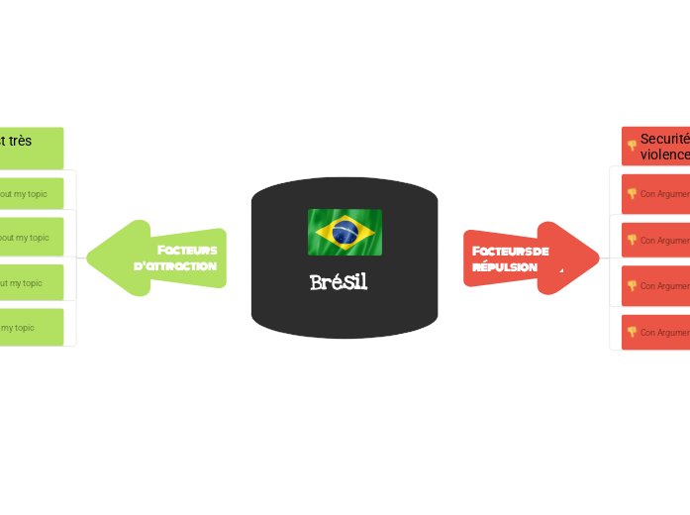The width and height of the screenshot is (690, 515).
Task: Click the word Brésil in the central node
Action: (x=339, y=282)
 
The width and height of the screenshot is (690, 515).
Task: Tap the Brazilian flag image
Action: (x=345, y=232)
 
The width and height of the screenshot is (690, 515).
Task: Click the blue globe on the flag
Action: (x=345, y=233)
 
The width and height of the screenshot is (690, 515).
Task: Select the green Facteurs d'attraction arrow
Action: (x=158, y=257)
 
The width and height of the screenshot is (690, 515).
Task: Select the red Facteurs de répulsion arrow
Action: (x=530, y=258)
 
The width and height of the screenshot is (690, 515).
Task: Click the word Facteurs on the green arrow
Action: (x=187, y=250)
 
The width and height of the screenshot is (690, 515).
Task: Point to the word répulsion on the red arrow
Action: (x=505, y=267)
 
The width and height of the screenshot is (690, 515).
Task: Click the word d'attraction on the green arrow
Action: (x=175, y=266)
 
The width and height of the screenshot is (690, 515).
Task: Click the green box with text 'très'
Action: (x=32, y=147)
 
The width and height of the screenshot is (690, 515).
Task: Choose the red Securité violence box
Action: (x=655, y=147)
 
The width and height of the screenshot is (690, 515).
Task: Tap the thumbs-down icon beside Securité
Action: (x=632, y=146)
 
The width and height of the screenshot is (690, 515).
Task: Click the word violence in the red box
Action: (x=664, y=154)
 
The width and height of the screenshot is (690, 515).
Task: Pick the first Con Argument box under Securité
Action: (x=655, y=194)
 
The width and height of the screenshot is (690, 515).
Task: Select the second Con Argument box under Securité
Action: (x=655, y=240)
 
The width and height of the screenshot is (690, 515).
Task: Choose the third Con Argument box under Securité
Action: (x=655, y=285)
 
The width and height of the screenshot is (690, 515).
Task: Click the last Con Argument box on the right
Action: (x=655, y=332)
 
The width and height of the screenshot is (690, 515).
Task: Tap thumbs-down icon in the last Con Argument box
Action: (x=632, y=332)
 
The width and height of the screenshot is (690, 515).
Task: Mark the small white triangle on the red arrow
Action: (x=561, y=269)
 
